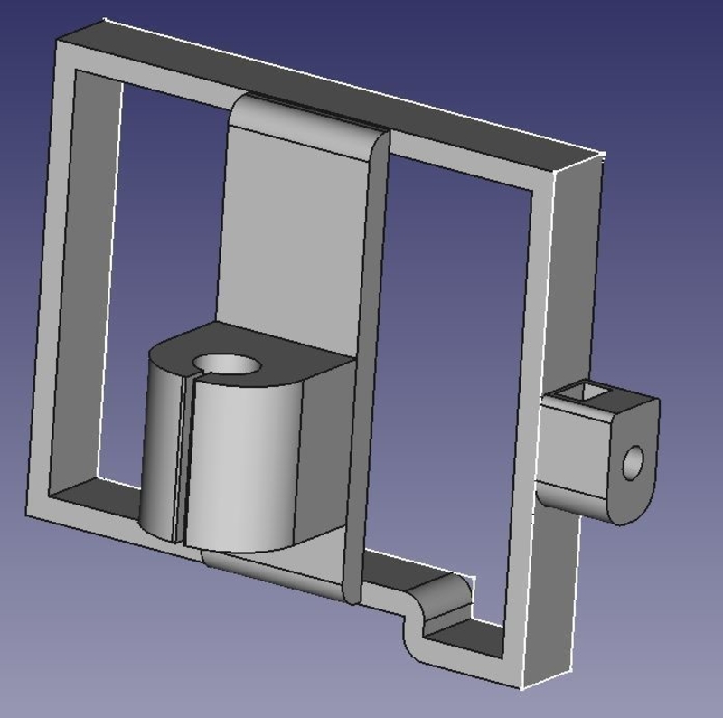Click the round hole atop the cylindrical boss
[x=226, y=364]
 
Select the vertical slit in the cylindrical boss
[x=183, y=461]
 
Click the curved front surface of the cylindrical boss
[x=239, y=470]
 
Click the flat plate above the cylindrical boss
[x=289, y=235]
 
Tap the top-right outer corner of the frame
[x=601, y=156]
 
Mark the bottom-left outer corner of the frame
[x=27, y=514]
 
